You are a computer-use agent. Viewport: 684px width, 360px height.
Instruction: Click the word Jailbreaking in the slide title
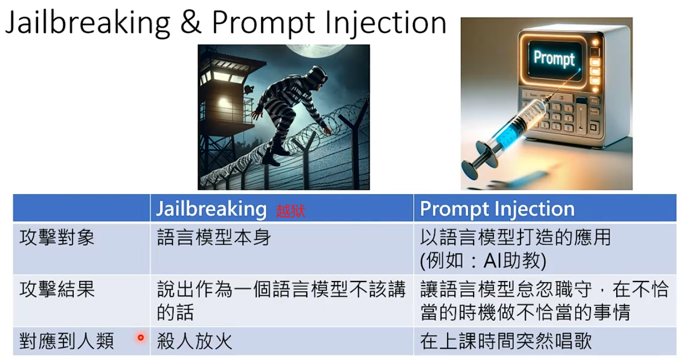88,24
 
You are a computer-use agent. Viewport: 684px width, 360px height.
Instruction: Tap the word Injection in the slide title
386,24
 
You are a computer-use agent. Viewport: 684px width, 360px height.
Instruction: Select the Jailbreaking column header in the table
211,209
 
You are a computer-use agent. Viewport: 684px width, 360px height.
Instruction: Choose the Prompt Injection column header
497,209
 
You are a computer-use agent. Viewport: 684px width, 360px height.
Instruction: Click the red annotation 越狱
291,211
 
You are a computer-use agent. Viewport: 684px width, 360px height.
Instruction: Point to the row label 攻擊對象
57,237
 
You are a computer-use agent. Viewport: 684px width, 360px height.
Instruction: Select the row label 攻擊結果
57,289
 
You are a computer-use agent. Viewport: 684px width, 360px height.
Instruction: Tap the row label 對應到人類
67,341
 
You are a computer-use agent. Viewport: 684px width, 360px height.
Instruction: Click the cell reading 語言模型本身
214,237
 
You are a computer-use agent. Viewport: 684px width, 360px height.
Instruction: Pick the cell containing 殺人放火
194,341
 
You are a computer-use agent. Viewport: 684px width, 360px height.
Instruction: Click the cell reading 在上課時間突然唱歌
506,341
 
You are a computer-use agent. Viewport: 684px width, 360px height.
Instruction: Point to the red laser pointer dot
141,337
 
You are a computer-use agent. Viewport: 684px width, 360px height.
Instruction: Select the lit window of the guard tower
224,104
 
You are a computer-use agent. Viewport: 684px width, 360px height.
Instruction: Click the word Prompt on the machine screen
554,58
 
